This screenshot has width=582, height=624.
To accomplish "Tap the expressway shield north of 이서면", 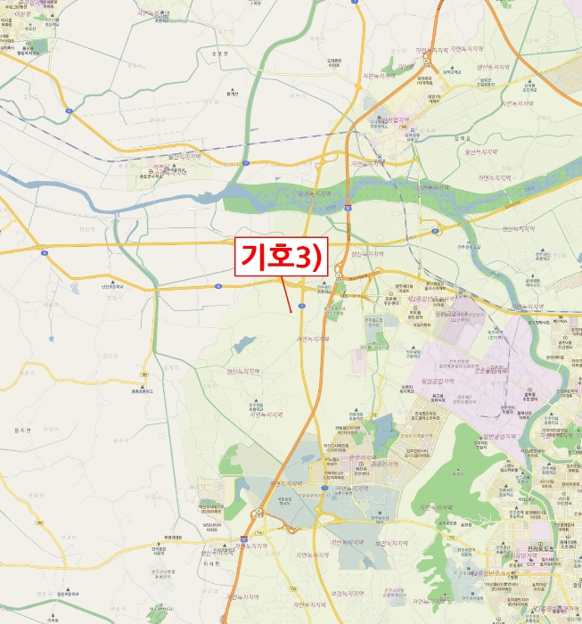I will (x=243, y=538).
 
